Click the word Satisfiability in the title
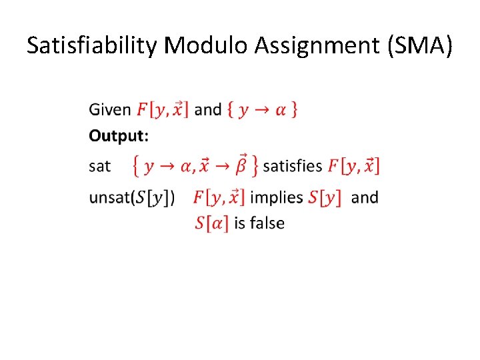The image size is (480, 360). tap(92, 45)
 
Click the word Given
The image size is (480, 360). tap(110, 109)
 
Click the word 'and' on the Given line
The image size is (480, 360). tap(208, 109)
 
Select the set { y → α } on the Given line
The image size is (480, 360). tap(263, 109)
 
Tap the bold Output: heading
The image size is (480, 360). tap(119, 136)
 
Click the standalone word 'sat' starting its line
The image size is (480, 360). tap(99, 165)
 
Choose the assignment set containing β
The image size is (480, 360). tap(195, 165)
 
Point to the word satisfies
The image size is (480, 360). tap(293, 165)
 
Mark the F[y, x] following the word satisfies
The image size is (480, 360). tap(354, 165)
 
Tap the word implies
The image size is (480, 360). tap(277, 198)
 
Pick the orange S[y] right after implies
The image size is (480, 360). tap(325, 198)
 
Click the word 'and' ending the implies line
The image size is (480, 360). tap(364, 197)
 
